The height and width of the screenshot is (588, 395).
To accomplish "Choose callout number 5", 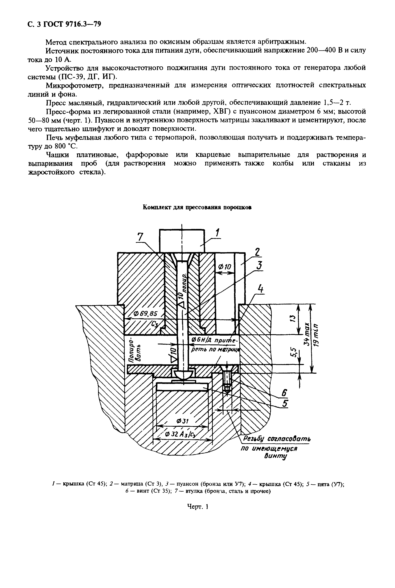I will click(x=285, y=403).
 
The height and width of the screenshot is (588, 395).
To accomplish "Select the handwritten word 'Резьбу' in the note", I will click(x=253, y=439).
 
